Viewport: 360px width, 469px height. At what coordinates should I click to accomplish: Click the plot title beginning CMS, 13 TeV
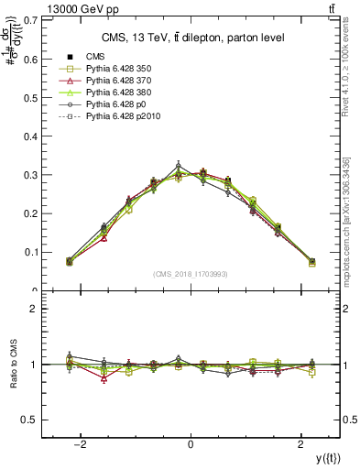point(191,38)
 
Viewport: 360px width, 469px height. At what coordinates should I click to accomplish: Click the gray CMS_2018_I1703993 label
point(190,274)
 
